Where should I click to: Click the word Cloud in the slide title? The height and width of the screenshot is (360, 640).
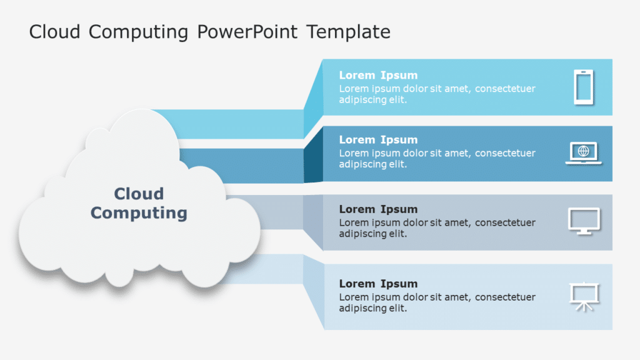(x=55, y=32)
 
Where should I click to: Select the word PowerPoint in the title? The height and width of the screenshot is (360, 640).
(x=247, y=32)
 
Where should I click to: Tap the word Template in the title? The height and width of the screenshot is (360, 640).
(x=348, y=32)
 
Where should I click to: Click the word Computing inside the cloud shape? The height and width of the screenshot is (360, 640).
(x=139, y=213)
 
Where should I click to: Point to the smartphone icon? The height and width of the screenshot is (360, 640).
(x=583, y=87)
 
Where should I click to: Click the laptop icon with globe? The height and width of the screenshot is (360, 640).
(x=583, y=153)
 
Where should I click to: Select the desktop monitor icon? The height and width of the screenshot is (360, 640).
(x=584, y=221)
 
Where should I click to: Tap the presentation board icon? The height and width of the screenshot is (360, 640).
(x=584, y=297)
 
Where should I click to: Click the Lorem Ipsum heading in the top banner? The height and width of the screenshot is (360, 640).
(x=378, y=76)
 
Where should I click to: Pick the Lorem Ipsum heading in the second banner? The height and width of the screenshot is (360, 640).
(x=378, y=140)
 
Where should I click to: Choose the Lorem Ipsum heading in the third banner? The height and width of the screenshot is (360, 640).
(x=378, y=209)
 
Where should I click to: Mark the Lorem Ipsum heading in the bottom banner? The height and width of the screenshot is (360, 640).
(x=378, y=284)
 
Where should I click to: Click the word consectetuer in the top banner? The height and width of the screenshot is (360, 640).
(x=505, y=89)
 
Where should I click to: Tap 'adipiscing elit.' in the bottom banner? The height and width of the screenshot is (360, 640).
(x=372, y=309)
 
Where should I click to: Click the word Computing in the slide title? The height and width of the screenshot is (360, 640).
(x=139, y=32)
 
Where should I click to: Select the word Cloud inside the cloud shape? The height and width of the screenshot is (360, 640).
(x=139, y=194)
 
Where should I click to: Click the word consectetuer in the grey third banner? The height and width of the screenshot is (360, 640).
(x=505, y=222)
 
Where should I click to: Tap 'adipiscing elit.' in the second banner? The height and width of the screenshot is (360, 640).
(x=372, y=165)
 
